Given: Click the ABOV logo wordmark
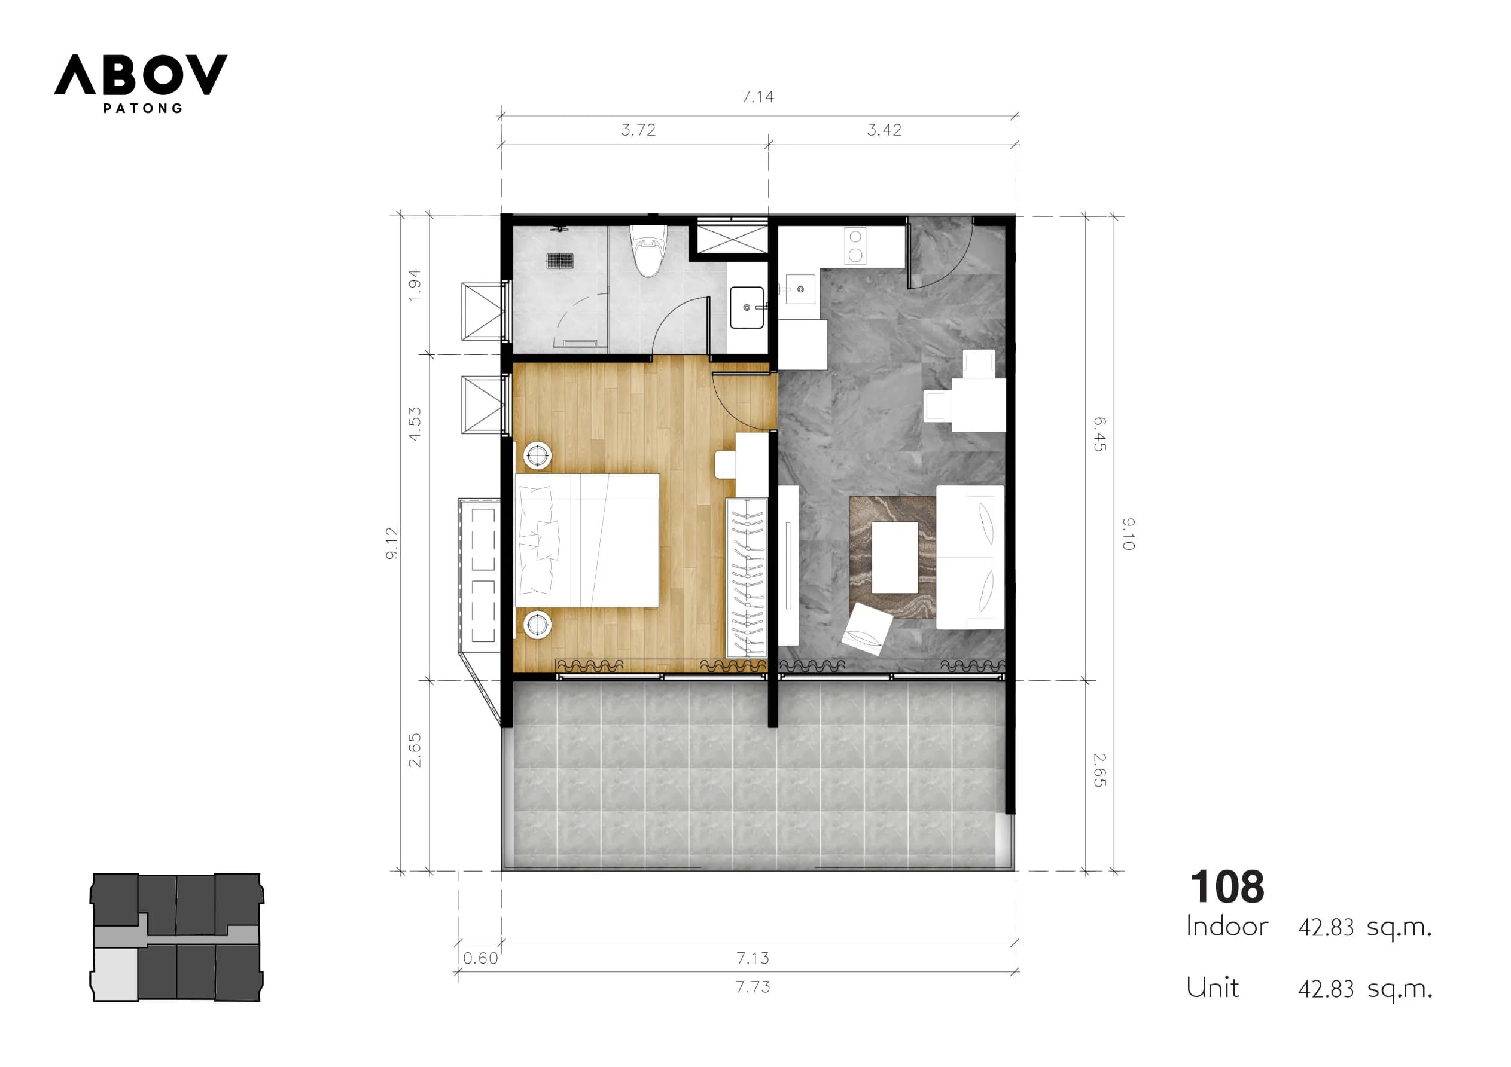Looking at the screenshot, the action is click(x=141, y=74).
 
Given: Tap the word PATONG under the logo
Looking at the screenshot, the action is click(x=143, y=109).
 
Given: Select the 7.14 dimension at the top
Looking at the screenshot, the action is click(x=757, y=97).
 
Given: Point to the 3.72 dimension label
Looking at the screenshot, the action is click(x=638, y=130).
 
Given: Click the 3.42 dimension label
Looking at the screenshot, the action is click(x=884, y=130).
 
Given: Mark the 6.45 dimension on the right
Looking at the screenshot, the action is click(x=1099, y=434).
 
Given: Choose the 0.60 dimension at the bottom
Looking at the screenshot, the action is click(x=480, y=958).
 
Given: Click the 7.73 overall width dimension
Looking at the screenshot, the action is click(x=753, y=987).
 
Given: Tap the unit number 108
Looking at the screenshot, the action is click(x=1227, y=886).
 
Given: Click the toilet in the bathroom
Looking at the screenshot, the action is click(x=648, y=250).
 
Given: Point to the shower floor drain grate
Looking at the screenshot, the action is click(x=560, y=261).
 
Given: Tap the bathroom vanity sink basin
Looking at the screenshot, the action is click(x=747, y=307).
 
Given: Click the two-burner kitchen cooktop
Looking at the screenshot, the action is click(x=855, y=247).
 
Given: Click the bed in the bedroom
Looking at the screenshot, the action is click(x=587, y=540).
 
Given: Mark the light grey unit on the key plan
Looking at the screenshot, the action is click(x=116, y=973).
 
